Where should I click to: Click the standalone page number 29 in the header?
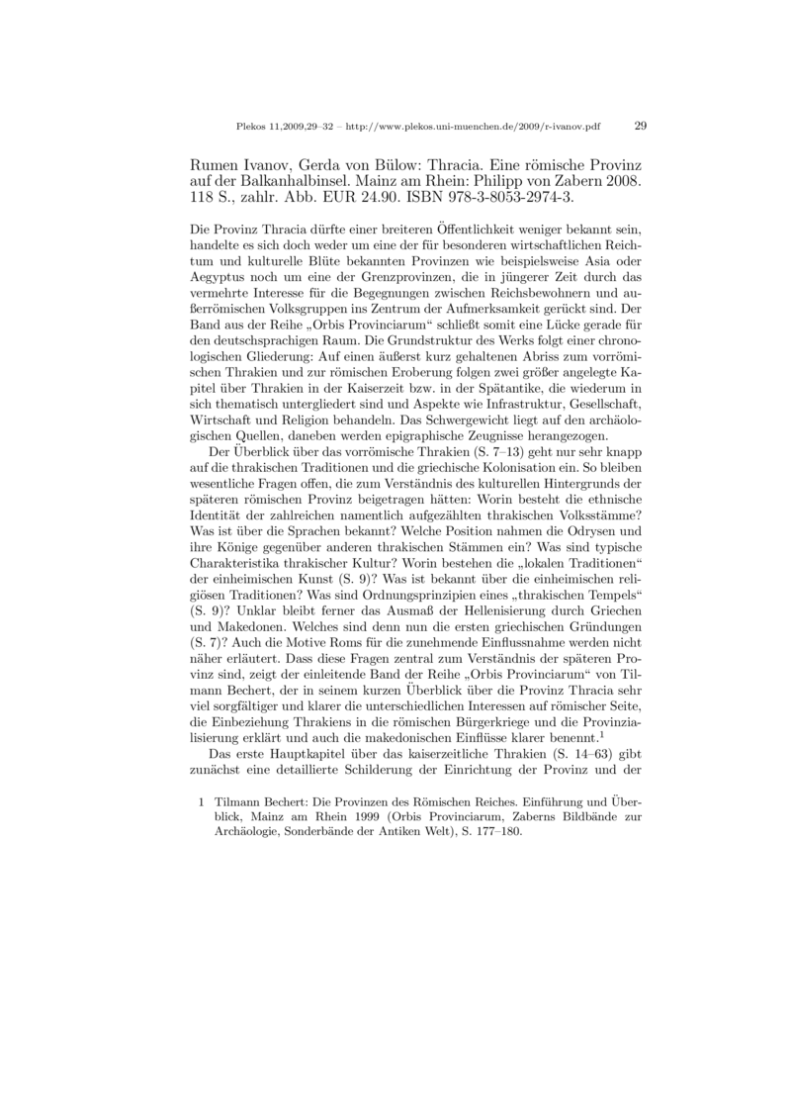[x=640, y=127]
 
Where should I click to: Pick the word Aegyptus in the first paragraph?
[x=219, y=279]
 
